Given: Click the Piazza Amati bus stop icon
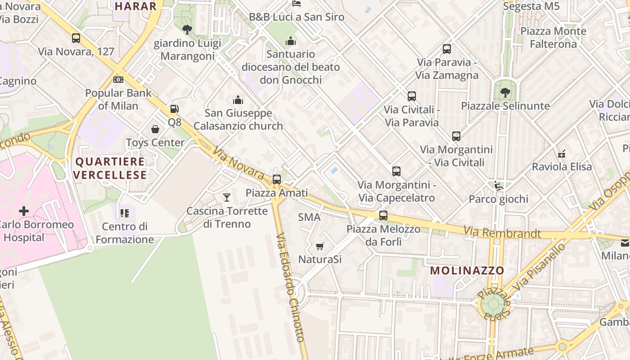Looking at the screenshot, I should (277, 179).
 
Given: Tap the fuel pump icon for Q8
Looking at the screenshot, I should (174, 108).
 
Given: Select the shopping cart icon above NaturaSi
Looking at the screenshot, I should (320, 246).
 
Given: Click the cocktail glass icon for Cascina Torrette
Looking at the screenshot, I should (227, 197).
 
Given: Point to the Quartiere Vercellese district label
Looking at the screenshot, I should (110, 168).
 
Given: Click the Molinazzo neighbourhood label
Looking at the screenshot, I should (467, 270).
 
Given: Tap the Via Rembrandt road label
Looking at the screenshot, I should (502, 233).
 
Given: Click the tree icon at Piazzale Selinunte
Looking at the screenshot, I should (505, 92).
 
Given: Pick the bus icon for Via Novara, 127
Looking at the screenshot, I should (76, 38).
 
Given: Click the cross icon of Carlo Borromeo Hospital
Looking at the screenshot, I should (24, 211).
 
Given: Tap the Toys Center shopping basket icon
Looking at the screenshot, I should (155, 130).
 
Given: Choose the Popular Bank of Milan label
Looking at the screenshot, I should (118, 99).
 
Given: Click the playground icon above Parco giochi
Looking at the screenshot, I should (499, 185).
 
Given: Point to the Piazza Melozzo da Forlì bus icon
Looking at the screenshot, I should (383, 215).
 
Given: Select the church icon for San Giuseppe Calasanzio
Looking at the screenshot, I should (238, 100).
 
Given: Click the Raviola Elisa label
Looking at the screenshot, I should (562, 166).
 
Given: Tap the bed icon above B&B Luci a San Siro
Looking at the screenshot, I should (297, 4).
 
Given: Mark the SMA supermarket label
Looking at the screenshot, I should (309, 217).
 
